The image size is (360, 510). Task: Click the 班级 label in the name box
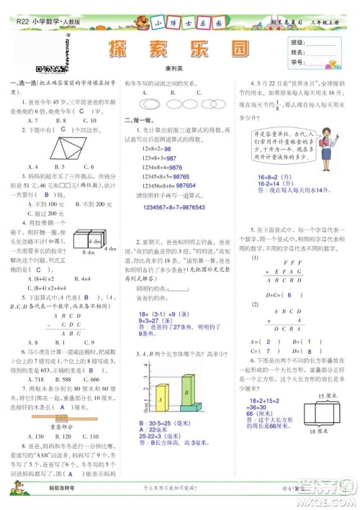[x=296, y=42]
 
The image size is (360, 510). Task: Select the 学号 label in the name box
[x=296, y=63]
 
